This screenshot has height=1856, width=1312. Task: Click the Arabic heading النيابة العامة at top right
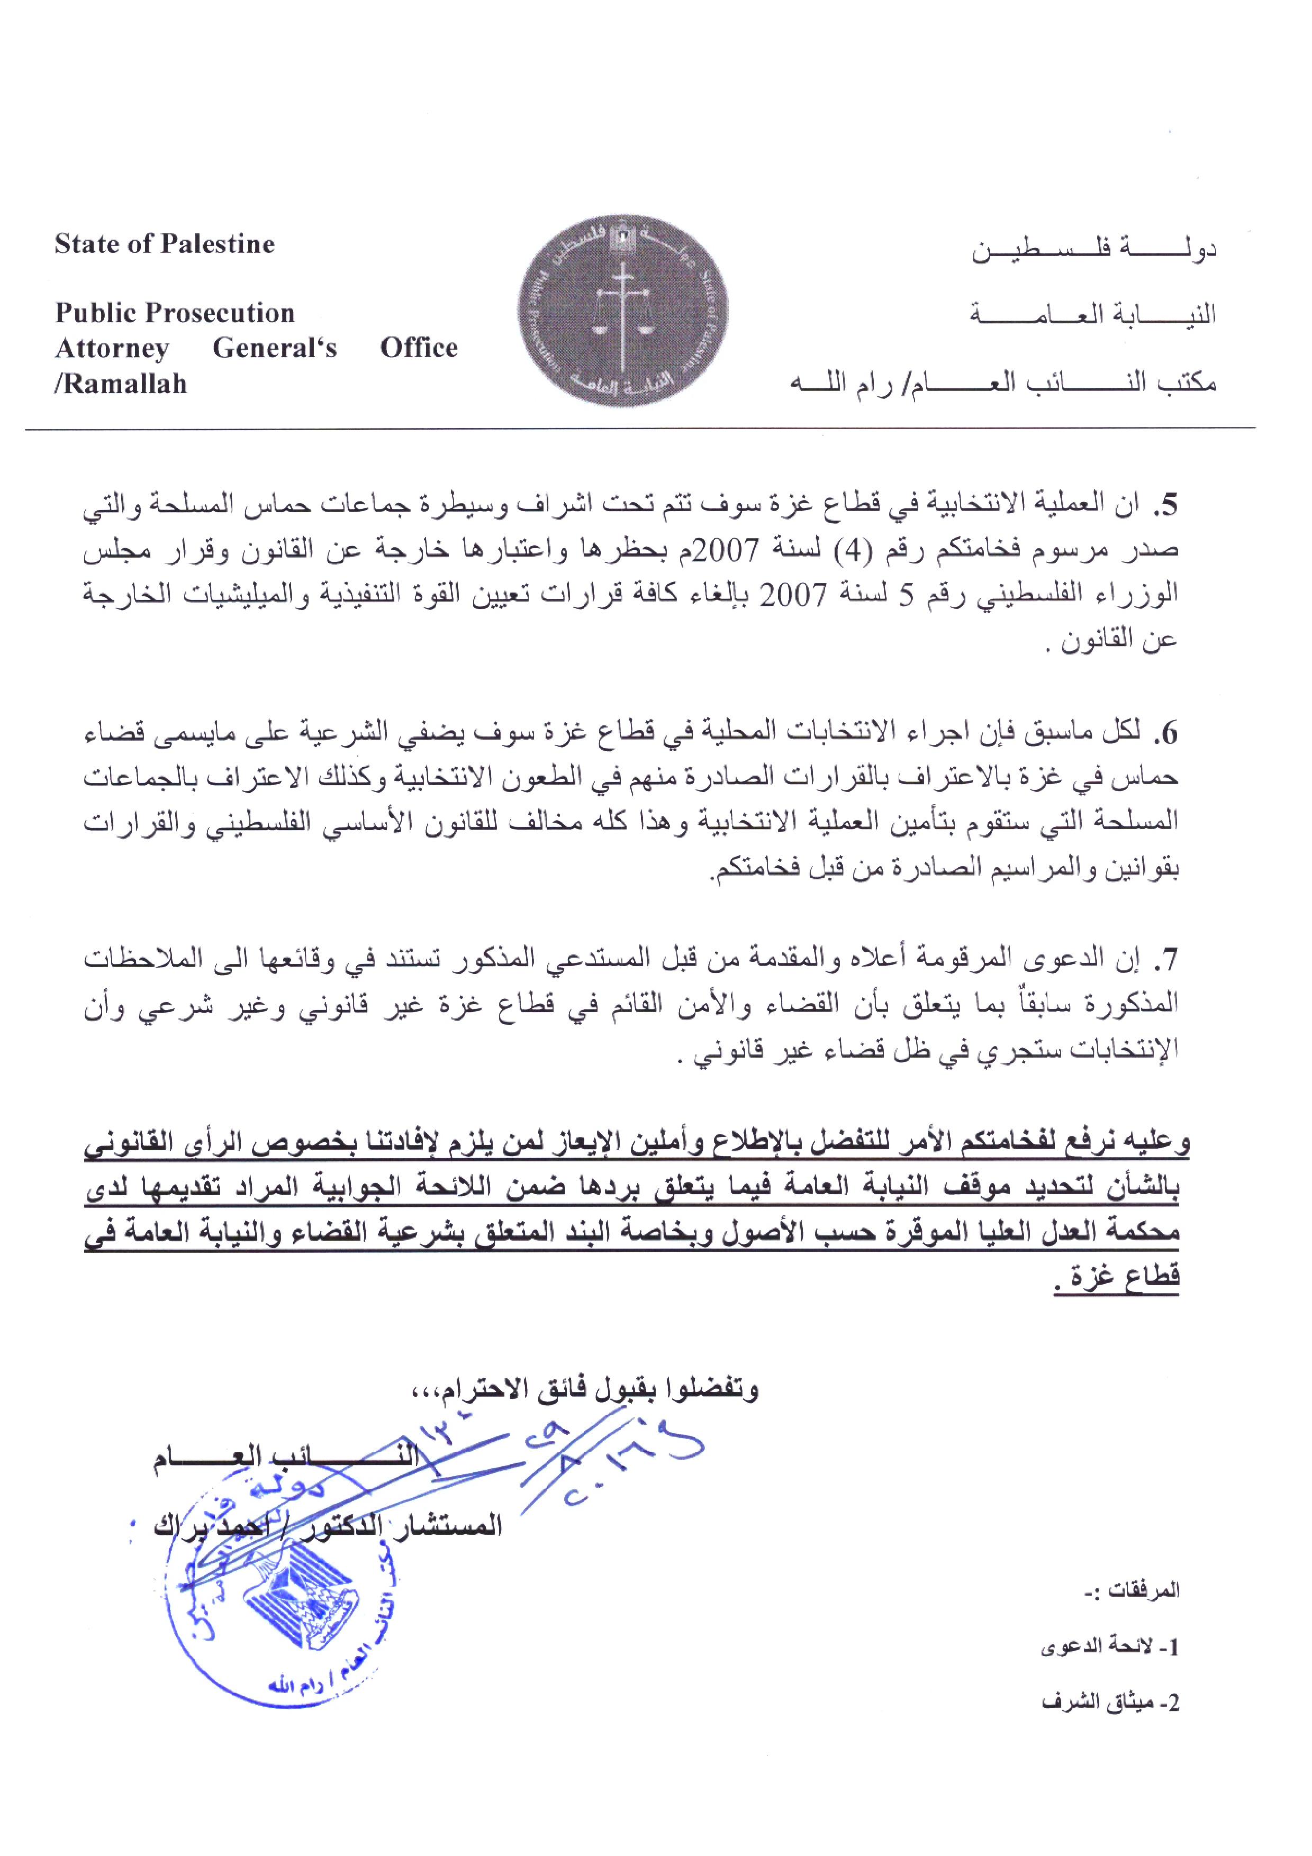coord(1093,314)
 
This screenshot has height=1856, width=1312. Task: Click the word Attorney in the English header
coord(112,349)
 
